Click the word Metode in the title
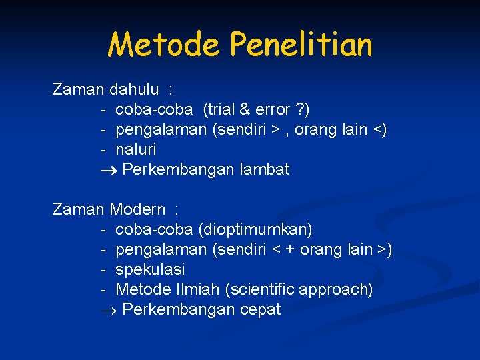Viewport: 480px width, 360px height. click(x=164, y=45)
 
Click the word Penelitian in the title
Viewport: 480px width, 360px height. click(x=301, y=45)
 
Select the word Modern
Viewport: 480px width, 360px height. click(x=138, y=209)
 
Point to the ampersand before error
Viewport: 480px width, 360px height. click(x=244, y=109)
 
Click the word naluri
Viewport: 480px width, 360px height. click(x=136, y=149)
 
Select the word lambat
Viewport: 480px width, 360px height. click(x=265, y=169)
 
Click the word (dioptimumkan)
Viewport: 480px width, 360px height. click(x=255, y=229)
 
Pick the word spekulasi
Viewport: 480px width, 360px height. click(x=150, y=269)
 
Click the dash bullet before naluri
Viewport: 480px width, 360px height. click(x=104, y=149)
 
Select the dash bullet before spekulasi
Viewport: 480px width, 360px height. click(x=104, y=269)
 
